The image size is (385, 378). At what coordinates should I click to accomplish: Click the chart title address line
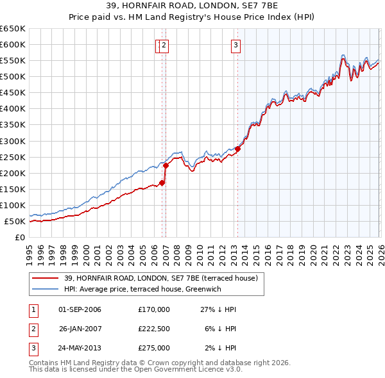click(193, 6)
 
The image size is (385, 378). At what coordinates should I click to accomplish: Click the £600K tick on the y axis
click(13, 44)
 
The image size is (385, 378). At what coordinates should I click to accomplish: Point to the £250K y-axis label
click(13, 157)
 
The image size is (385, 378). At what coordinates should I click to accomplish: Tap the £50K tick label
click(15, 221)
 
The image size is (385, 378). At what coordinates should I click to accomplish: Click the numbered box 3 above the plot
click(236, 45)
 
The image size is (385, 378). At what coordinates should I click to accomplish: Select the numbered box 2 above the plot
click(164, 45)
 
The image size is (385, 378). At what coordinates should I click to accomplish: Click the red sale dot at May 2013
click(237, 149)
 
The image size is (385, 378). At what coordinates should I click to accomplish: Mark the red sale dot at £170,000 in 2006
click(162, 183)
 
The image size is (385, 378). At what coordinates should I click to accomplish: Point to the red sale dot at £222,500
click(166, 165)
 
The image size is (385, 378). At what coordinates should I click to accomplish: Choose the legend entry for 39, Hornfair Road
click(160, 278)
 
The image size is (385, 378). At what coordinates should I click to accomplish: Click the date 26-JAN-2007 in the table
click(80, 329)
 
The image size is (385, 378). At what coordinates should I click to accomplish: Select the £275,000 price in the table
click(154, 348)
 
